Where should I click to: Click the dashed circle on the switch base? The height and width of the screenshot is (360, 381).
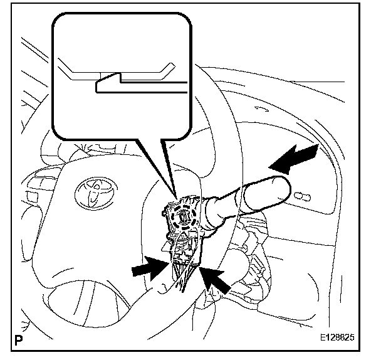186,217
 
